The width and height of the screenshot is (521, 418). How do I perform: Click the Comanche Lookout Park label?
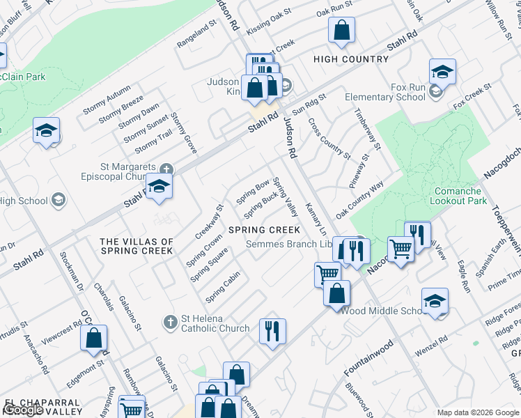[458, 196]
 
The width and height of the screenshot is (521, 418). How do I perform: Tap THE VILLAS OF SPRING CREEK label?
[136, 246]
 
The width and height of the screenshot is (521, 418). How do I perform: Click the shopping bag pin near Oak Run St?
[341, 31]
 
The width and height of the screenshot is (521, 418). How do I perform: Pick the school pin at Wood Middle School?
[435, 301]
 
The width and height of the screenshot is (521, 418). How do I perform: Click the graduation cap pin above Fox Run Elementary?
[442, 72]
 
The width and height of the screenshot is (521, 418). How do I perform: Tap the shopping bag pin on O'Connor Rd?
[94, 339]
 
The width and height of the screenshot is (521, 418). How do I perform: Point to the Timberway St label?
[368, 129]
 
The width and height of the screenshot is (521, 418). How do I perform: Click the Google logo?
[24, 410]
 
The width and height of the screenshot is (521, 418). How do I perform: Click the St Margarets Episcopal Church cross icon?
[166, 169]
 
